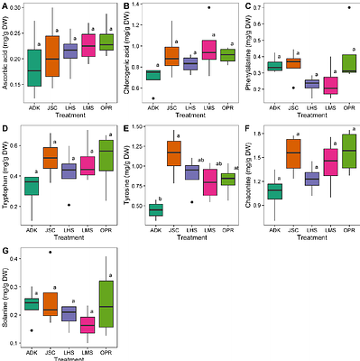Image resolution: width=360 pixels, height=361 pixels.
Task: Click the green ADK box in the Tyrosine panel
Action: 155,209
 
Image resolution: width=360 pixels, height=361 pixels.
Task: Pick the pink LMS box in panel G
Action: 87,325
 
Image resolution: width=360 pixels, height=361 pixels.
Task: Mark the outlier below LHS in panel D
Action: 69,205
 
